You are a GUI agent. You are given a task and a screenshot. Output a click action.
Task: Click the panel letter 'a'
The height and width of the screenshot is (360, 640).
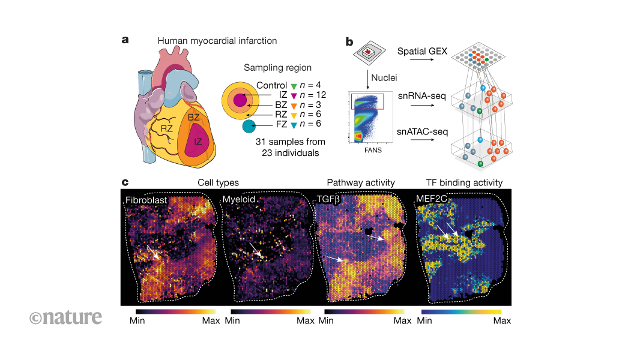125,40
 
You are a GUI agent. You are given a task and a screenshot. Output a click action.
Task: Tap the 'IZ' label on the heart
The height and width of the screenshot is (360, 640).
196,142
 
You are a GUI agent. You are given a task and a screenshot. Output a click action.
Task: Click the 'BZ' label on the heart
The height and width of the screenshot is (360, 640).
193,118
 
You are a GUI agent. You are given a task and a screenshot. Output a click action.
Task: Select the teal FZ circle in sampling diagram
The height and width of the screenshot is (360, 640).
249,126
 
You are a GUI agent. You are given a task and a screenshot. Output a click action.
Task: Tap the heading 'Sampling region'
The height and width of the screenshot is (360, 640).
277,68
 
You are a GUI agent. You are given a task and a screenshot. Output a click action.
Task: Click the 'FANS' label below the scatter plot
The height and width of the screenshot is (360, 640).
370,151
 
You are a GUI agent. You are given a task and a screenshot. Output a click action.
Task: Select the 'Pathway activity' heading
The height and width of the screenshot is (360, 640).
361,182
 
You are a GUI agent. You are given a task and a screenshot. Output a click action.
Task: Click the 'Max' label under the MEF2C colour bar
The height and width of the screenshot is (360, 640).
501,321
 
